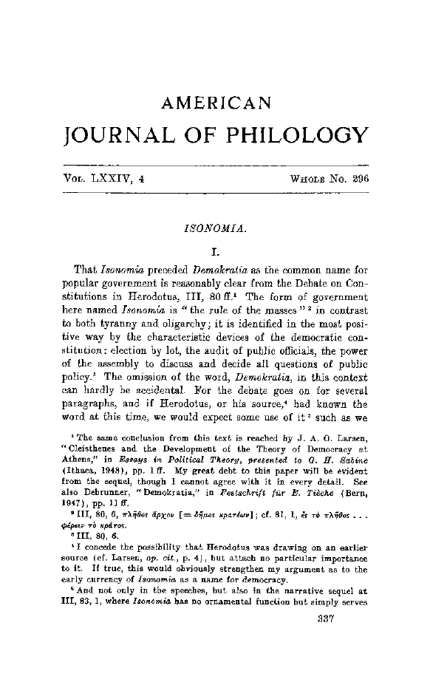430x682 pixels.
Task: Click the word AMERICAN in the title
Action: tap(216, 103)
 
